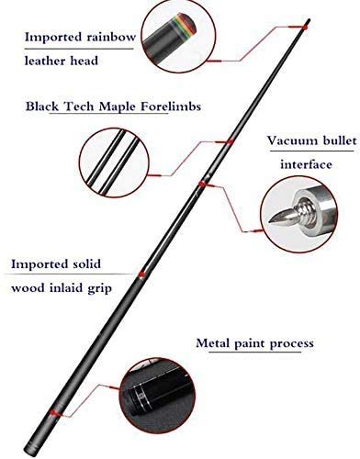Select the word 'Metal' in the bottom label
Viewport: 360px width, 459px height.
point(214,343)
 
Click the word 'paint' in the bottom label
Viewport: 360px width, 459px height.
point(251,343)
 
